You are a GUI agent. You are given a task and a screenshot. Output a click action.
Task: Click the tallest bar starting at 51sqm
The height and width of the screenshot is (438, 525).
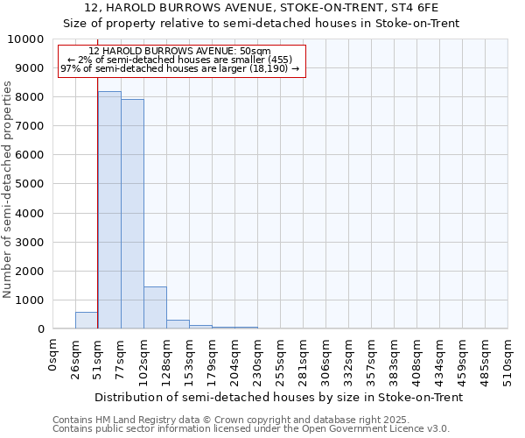(109, 210)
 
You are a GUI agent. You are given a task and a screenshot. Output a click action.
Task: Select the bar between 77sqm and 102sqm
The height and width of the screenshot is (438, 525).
(132, 214)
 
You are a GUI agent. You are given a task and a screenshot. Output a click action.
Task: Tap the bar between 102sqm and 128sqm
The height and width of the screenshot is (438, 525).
(155, 307)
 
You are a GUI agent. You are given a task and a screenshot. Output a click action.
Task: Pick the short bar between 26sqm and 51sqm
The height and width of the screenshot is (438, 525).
(87, 321)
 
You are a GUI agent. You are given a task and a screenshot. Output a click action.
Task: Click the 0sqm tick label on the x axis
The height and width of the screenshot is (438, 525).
(53, 356)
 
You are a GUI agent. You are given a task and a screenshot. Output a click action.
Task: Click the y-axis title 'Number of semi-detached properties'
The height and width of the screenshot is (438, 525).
(9, 189)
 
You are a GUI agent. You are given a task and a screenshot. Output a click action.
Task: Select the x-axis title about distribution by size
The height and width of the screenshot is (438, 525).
(278, 397)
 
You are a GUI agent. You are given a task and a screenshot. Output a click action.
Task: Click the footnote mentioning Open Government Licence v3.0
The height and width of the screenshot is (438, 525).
(251, 429)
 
